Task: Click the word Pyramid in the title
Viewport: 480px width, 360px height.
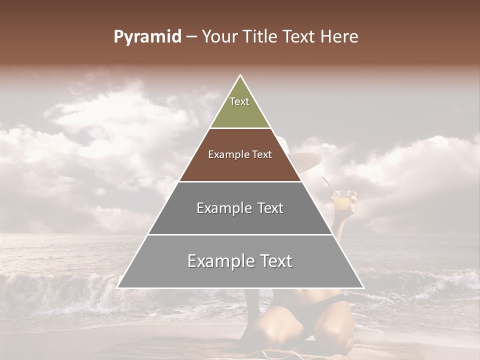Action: (147, 37)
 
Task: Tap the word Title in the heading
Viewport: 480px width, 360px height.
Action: (261, 37)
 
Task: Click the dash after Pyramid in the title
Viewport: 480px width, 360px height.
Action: (191, 37)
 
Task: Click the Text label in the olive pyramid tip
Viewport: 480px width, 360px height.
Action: (239, 101)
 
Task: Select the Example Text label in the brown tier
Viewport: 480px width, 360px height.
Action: (240, 155)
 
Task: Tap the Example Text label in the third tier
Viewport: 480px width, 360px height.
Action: (240, 208)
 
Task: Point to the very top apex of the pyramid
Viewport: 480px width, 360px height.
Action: (240, 75)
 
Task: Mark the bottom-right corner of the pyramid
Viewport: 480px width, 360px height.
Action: (363, 287)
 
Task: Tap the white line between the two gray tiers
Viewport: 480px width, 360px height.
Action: (240, 234)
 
